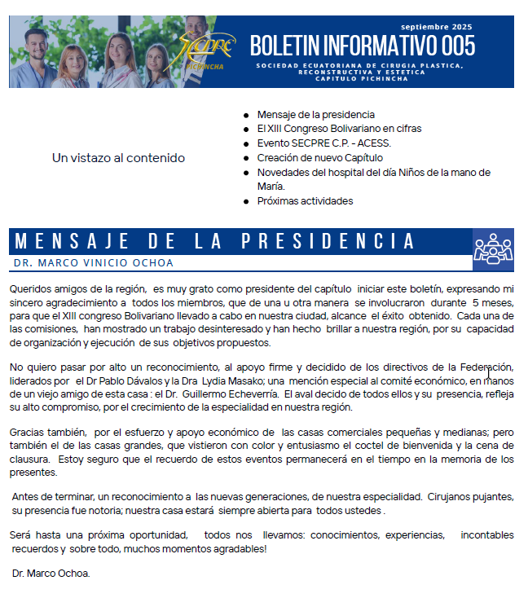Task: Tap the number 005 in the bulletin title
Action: pos(458,46)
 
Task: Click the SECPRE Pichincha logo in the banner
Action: pos(206,51)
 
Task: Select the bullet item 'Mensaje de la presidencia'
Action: pos(315,115)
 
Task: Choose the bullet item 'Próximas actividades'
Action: pos(305,201)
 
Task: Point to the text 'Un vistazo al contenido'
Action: pos(118,158)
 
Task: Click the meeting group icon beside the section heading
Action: pos(493,249)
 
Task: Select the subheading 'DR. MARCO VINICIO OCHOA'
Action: pos(93,263)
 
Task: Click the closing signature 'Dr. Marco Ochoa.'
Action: pos(51,574)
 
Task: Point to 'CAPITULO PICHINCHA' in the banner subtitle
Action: pos(359,78)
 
